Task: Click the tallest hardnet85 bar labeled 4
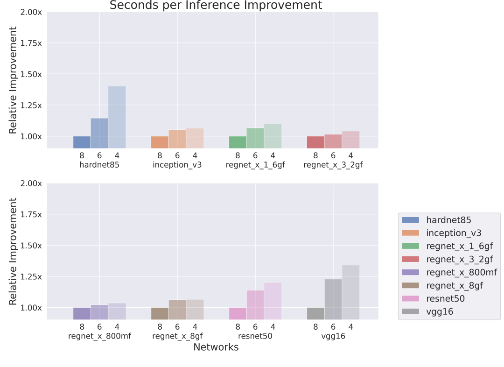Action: click(117, 117)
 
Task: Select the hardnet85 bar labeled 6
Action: click(99, 133)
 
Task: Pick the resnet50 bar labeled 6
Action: click(255, 304)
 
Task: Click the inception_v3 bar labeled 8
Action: click(160, 142)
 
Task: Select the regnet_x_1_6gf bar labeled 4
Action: click(273, 136)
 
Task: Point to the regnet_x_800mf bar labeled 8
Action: click(82, 313)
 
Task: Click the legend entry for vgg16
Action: click(439, 311)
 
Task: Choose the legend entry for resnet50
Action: click(445, 298)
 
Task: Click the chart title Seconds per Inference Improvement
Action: click(216, 6)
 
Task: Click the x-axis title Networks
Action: click(216, 347)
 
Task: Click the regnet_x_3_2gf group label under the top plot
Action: click(333, 165)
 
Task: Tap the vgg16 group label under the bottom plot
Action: click(333, 336)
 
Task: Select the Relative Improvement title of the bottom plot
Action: click(13, 251)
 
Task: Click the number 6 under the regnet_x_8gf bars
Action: click(177, 327)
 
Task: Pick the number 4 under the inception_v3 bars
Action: click(195, 155)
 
